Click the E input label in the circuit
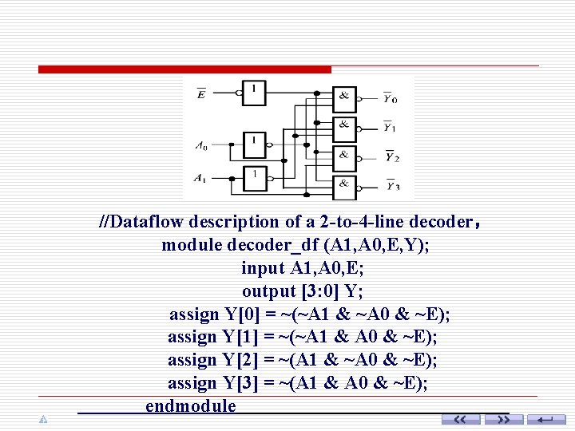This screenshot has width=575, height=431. [x=200, y=94]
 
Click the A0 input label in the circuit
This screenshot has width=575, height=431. [x=201, y=146]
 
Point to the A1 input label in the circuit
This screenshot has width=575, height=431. [x=201, y=177]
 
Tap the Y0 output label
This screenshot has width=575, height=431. [x=390, y=99]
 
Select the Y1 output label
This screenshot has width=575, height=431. [x=390, y=127]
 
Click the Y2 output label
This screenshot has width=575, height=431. [x=391, y=157]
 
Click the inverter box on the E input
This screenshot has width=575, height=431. [x=255, y=93]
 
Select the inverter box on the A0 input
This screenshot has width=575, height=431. [x=255, y=145]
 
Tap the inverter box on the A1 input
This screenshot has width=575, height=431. [x=255, y=178]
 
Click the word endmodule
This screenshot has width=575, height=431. [x=191, y=406]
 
